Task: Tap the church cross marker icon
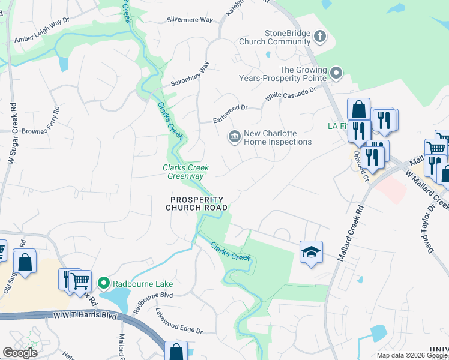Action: pos(320,36)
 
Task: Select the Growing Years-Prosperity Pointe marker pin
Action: pos(336,74)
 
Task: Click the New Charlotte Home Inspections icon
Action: pos(234,137)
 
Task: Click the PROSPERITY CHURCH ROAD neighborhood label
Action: pos(196,204)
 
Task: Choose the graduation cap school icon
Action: pos(312,252)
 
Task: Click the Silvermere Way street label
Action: pos(191,20)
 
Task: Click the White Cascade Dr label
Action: pos(291,94)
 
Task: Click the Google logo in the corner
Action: pos(20,352)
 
